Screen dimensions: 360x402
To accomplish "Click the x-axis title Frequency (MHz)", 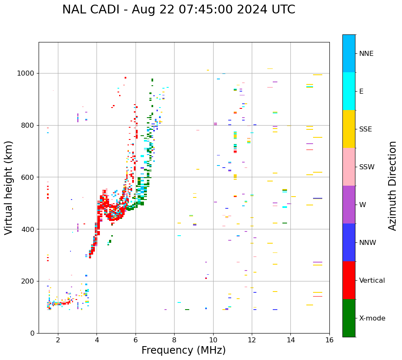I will (x=183, y=350).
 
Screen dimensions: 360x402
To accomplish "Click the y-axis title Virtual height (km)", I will (x=9, y=188).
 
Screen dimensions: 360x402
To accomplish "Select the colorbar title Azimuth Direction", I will (x=392, y=186).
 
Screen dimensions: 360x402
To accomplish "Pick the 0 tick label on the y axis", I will (x=33, y=333).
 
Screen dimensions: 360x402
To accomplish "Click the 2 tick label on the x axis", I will (x=58, y=340).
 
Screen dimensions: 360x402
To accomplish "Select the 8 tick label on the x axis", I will (x=174, y=340).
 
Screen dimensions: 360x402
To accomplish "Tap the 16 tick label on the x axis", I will (x=329, y=340).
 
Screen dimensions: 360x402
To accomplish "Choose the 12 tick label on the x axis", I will (x=252, y=340).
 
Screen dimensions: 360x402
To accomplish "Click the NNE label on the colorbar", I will (x=366, y=54).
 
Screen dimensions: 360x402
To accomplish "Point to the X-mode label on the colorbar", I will (x=372, y=318).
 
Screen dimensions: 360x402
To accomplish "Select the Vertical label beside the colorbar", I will (x=372, y=281).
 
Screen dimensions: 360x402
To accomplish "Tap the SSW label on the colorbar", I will (x=367, y=167).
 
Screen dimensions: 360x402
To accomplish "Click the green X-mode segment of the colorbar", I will (x=349, y=318).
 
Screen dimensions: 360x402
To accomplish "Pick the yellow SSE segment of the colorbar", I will (x=349, y=129).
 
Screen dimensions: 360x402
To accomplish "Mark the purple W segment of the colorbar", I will (x=349, y=205).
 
